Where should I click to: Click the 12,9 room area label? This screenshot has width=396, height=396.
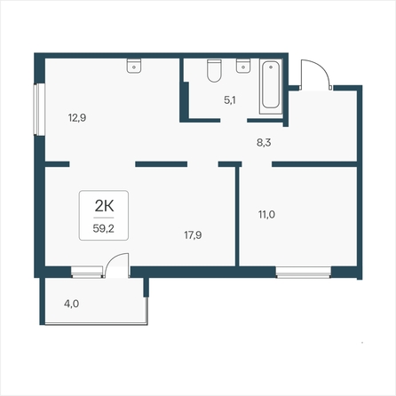click(77, 118)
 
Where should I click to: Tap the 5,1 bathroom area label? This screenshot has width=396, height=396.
click(230, 100)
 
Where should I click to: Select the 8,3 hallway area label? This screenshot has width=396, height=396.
click(264, 143)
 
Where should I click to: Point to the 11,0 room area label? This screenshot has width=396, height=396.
click(266, 214)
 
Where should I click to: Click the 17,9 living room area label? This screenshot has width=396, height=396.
click(193, 235)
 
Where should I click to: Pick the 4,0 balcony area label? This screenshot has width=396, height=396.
click(71, 304)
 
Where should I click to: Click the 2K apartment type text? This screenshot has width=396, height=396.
click(104, 206)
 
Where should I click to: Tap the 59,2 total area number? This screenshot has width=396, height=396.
click(104, 228)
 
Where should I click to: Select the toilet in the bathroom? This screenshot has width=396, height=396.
click(214, 70)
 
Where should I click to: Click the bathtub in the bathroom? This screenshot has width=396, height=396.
click(271, 86)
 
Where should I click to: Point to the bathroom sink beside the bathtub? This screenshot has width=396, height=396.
click(243, 66)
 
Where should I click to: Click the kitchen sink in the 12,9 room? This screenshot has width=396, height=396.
click(134, 66)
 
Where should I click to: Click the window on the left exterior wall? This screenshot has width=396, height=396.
click(39, 109)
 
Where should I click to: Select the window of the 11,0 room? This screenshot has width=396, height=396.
click(304, 273)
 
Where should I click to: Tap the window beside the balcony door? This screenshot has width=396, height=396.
click(87, 273)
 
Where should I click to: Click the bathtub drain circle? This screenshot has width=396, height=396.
click(271, 67)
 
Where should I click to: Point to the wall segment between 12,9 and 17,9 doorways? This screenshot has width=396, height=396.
click(162, 164)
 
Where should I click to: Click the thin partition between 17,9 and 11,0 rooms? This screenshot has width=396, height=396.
click(237, 216)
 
